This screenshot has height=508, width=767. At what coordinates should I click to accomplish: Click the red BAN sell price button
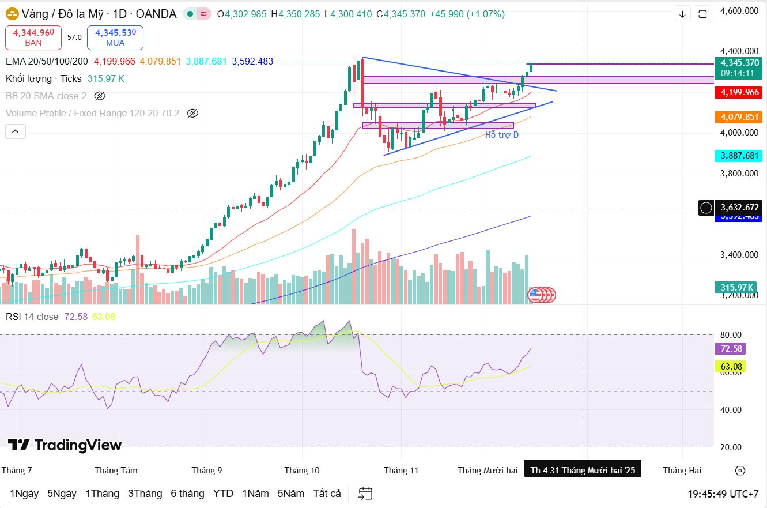click(x=33, y=37)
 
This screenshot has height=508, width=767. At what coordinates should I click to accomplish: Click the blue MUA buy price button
click(x=115, y=37)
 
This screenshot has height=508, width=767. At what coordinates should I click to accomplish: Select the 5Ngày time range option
click(x=62, y=494)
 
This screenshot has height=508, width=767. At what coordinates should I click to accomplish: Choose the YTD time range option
click(x=223, y=494)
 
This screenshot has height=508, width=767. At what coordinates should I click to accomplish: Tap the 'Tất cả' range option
click(x=327, y=494)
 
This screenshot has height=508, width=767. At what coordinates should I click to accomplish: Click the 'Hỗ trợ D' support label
click(x=501, y=135)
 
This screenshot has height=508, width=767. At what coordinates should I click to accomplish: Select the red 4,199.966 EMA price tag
click(x=737, y=92)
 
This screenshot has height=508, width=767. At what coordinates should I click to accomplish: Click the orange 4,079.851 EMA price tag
click(x=737, y=117)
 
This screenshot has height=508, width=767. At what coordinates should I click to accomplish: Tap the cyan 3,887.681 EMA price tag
click(x=737, y=156)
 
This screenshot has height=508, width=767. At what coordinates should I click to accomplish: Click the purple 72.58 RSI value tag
click(x=730, y=348)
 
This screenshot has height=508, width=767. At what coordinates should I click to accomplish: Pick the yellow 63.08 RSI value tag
click(x=730, y=366)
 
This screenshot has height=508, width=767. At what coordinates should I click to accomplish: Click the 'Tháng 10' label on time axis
click(x=302, y=471)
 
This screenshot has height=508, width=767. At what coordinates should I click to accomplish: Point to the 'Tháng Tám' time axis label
click(x=116, y=471)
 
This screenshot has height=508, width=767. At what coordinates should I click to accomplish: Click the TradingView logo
click(x=65, y=445)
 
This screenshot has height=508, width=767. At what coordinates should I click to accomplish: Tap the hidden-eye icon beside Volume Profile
click(x=193, y=113)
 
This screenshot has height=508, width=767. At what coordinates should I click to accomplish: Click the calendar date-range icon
click(x=365, y=494)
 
